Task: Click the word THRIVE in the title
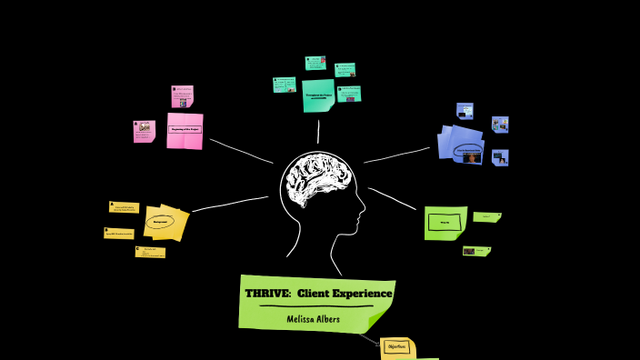(x=265, y=294)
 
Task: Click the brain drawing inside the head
(x=316, y=183)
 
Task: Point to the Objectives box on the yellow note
(x=396, y=346)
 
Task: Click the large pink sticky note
(x=185, y=130)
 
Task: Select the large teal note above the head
(x=317, y=95)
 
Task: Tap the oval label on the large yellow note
(x=160, y=221)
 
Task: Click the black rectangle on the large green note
(x=445, y=223)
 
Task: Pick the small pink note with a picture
(x=144, y=131)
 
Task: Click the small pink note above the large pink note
(x=182, y=96)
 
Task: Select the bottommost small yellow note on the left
(x=150, y=252)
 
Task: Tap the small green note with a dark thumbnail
(x=475, y=251)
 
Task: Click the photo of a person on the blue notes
(x=471, y=157)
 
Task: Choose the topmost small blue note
(x=465, y=111)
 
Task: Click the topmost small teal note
(x=315, y=63)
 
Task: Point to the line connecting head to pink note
(x=241, y=152)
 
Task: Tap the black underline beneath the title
(x=315, y=307)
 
